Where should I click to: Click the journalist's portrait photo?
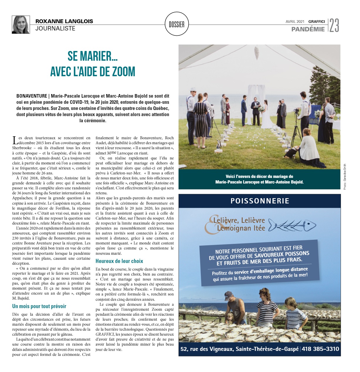[x=21, y=25]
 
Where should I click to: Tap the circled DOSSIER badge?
[x=177, y=24]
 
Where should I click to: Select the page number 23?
[x=334, y=25]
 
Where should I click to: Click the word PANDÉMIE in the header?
[x=308, y=29]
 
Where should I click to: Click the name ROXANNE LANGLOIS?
[x=64, y=21]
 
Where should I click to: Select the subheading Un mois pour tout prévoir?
[x=39, y=306]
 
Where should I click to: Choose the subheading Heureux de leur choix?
[x=119, y=261]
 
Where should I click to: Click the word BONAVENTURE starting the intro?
[x=32, y=96]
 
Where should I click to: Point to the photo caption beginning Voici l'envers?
[x=259, y=179]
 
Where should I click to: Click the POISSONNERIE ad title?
[x=260, y=201]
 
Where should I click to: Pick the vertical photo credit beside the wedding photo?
[x=345, y=176]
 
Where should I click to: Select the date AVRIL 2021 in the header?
[x=295, y=21]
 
